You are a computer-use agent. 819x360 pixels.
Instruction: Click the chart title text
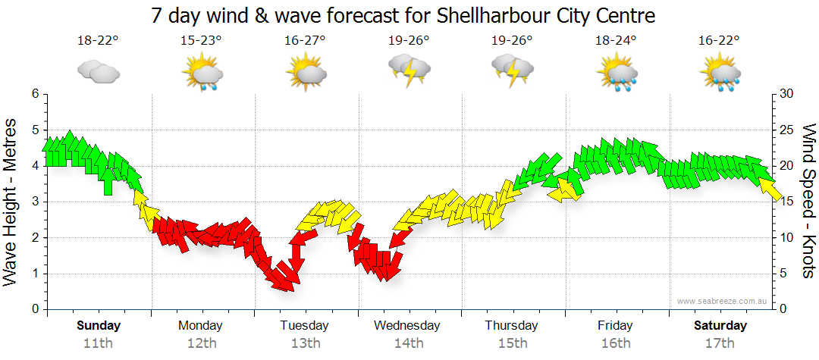tap(403, 15)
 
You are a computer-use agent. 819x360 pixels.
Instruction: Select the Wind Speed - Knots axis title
tap(808, 201)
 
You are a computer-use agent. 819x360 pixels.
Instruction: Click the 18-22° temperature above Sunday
tap(98, 40)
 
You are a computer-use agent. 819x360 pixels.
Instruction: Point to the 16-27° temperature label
tap(306, 40)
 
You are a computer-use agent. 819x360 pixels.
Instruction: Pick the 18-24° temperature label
tap(616, 40)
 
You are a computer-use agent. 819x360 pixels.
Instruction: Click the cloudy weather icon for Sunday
tap(98, 73)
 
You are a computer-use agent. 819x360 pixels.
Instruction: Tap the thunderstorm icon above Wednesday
tap(409, 72)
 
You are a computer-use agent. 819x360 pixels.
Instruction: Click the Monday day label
tap(201, 326)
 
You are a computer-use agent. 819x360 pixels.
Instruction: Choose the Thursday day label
tap(512, 326)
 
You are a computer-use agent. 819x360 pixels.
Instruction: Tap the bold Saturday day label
tap(720, 326)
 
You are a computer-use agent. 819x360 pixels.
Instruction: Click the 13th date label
tap(305, 343)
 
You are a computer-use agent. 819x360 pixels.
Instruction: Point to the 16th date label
tap(616, 343)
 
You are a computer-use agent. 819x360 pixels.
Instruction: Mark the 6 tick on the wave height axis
tap(34, 94)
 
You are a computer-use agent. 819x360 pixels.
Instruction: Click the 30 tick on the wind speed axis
tap(786, 94)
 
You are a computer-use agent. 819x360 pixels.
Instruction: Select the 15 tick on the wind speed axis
tap(786, 202)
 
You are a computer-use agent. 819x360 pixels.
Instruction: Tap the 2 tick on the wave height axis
tap(34, 238)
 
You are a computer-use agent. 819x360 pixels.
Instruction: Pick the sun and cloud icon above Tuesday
tap(306, 74)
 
